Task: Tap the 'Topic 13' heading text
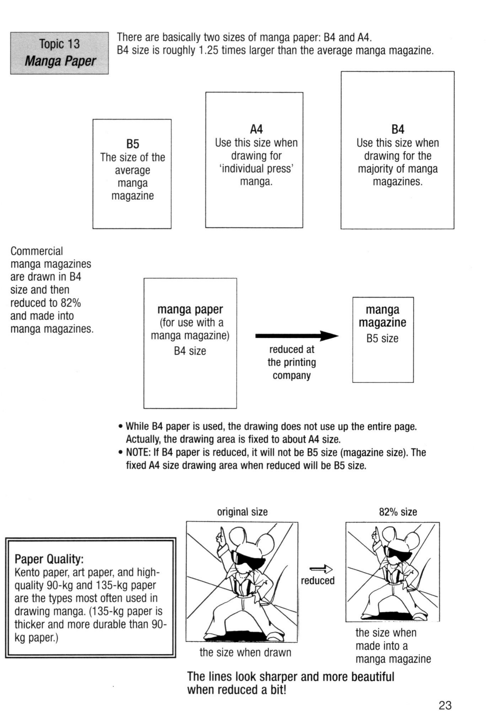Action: [59, 44]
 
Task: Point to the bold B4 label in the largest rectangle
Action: [398, 129]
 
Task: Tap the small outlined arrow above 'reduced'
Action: [321, 569]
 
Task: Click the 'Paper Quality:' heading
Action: [49, 559]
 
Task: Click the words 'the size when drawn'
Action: [245, 652]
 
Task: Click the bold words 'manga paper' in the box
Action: [190, 309]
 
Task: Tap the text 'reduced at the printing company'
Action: [292, 362]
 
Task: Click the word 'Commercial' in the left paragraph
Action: [36, 251]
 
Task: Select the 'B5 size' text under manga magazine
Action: [382, 338]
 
